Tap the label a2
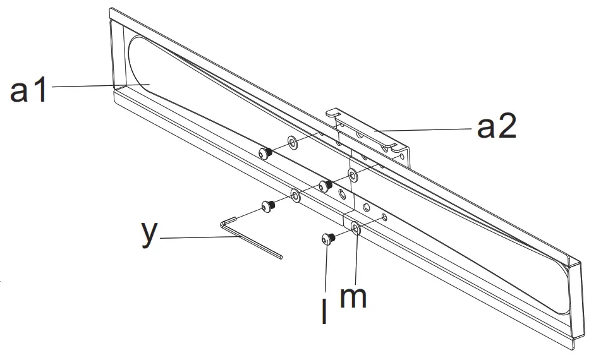(496, 128)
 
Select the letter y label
(149, 232)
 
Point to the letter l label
(325, 313)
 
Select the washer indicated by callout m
(356, 228)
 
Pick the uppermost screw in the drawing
(265, 152)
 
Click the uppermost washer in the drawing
(291, 142)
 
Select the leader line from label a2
(423, 129)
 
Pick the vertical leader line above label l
(326, 272)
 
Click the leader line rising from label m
(355, 259)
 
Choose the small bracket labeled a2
(373, 136)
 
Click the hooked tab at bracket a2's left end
(331, 114)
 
